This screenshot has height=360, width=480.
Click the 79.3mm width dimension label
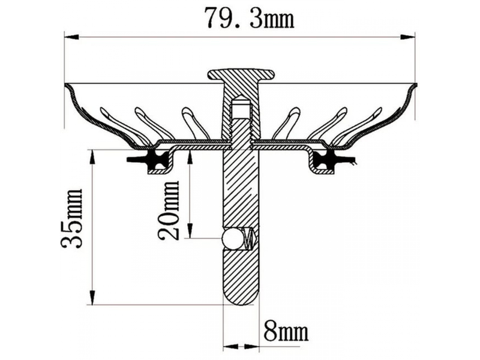tap(248, 18)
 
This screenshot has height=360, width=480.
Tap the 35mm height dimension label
tap(71, 218)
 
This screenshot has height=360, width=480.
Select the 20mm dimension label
tap(168, 211)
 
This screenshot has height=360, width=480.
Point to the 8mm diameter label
tap(286, 331)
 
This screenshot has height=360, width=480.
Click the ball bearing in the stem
tap(231, 238)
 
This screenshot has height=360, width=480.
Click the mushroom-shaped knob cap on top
tap(241, 74)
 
